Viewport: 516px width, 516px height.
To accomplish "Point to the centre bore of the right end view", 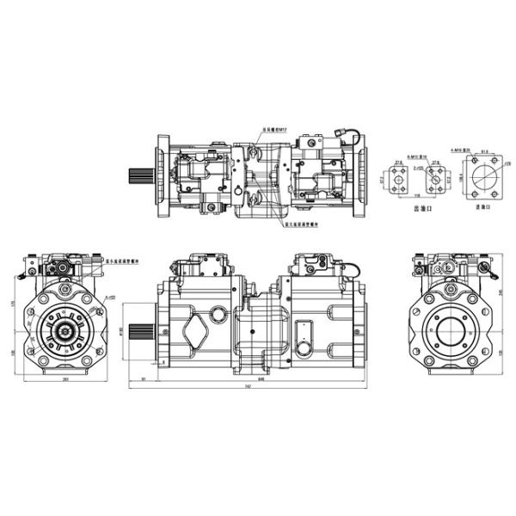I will (x=455, y=329).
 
